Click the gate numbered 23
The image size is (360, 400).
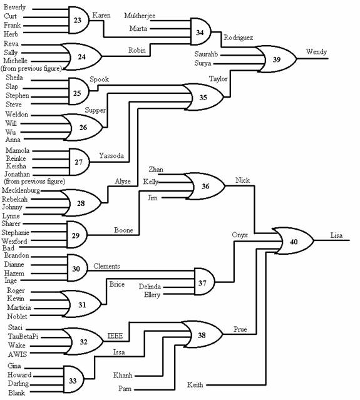79,20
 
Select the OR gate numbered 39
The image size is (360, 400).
276,59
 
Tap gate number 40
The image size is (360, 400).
294,241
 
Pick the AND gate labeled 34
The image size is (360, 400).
201,32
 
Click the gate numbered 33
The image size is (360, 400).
73,379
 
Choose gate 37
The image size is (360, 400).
204,282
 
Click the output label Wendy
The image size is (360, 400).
316,52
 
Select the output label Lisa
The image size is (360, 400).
336,235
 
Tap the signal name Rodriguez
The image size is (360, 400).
239,38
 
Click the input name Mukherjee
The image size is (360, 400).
140,16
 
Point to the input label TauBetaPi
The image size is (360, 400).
23,337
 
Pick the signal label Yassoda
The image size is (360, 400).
111,156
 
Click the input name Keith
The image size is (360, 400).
195,384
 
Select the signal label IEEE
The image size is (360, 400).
115,336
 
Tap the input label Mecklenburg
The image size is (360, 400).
21,190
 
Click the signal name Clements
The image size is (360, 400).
106,266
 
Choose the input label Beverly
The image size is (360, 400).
14,8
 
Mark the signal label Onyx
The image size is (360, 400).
240,235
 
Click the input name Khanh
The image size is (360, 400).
123,375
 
